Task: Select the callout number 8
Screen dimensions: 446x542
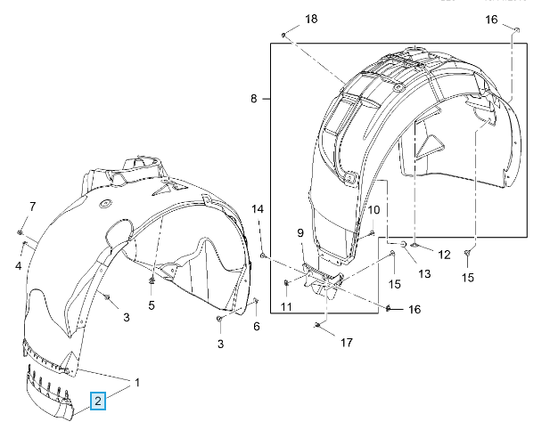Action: tap(254, 100)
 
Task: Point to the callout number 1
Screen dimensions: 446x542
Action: tap(138, 384)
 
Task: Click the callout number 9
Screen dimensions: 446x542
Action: tap(300, 233)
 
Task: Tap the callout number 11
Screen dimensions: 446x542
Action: tap(286, 306)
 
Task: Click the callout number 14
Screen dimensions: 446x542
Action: tap(258, 209)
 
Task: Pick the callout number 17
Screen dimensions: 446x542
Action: tap(347, 342)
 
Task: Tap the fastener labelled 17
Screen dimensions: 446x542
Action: tap(318, 327)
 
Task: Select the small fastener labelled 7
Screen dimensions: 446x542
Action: tap(20, 231)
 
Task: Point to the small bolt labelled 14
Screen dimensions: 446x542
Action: tap(264, 256)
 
